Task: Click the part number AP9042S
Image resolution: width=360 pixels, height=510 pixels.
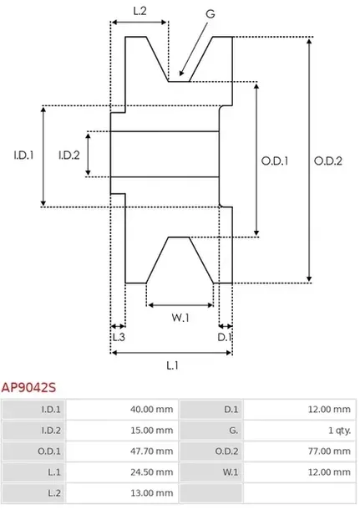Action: (x=28, y=388)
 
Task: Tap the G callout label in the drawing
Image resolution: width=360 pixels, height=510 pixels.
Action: (x=210, y=14)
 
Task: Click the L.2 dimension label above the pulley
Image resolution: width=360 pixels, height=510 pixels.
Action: (x=140, y=11)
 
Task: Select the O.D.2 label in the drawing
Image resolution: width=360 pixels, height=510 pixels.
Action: (x=329, y=161)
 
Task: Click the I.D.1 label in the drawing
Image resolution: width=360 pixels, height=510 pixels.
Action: (x=23, y=155)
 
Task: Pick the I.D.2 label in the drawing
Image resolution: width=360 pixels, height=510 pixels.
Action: (x=69, y=155)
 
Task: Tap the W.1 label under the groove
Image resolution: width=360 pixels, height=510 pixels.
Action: (x=180, y=318)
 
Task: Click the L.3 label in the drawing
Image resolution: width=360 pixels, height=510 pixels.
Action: (x=119, y=337)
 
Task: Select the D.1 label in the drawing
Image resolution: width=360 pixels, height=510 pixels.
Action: (x=224, y=337)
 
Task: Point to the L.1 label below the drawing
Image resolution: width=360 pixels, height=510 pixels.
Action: (x=172, y=365)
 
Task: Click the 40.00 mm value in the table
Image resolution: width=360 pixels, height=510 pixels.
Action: (x=153, y=409)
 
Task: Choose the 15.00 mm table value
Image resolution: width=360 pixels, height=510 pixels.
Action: (x=153, y=430)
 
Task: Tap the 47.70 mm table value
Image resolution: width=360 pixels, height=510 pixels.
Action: (x=153, y=451)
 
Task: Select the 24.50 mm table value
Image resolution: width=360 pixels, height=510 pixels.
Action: (x=153, y=472)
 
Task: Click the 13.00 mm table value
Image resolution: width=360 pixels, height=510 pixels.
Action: (x=153, y=494)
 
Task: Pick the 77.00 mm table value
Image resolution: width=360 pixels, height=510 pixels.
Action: (x=330, y=451)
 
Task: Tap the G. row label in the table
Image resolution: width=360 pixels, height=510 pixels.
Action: (x=233, y=430)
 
